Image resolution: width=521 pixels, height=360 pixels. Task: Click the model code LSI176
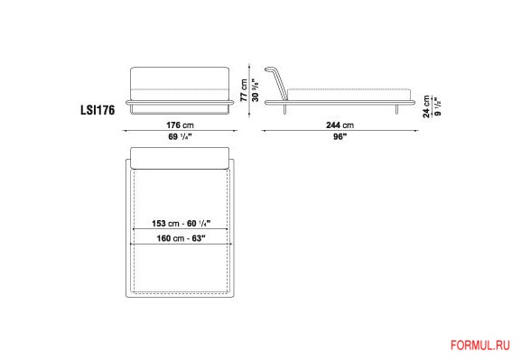pyautogui.click(x=98, y=110)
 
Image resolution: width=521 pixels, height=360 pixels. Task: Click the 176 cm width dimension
pyautogui.click(x=180, y=125)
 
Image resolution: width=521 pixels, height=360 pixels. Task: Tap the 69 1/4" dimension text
pyautogui.click(x=180, y=136)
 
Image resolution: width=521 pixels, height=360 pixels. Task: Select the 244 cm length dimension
pyautogui.click(x=340, y=125)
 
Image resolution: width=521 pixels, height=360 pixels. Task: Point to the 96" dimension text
pyautogui.click(x=340, y=136)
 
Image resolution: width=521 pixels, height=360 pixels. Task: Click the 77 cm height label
pyautogui.click(x=244, y=90)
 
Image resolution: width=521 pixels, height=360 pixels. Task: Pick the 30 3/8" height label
pyautogui.click(x=255, y=90)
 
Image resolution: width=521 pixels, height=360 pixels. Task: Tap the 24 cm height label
pyautogui.click(x=426, y=106)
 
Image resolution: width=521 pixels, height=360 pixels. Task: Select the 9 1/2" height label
pyautogui.click(x=438, y=107)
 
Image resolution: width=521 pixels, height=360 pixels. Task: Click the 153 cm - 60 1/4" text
pyautogui.click(x=181, y=223)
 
